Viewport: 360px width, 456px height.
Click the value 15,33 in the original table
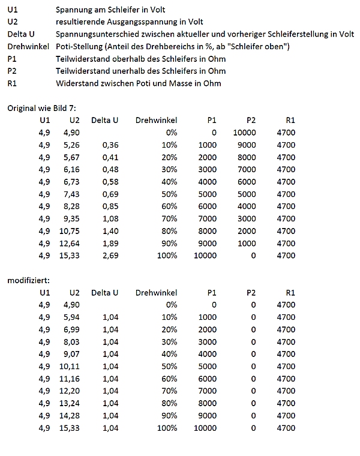click(x=70, y=256)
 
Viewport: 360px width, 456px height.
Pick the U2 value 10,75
click(x=70, y=231)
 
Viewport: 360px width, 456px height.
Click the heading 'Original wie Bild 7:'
click(x=42, y=108)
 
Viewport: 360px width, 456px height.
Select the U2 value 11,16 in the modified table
click(x=70, y=379)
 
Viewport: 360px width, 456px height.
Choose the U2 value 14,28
click(x=70, y=416)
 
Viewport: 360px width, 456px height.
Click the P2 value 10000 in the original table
click(x=244, y=132)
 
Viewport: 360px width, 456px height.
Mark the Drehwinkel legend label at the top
click(x=27, y=47)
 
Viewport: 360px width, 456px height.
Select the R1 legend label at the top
click(x=11, y=83)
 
